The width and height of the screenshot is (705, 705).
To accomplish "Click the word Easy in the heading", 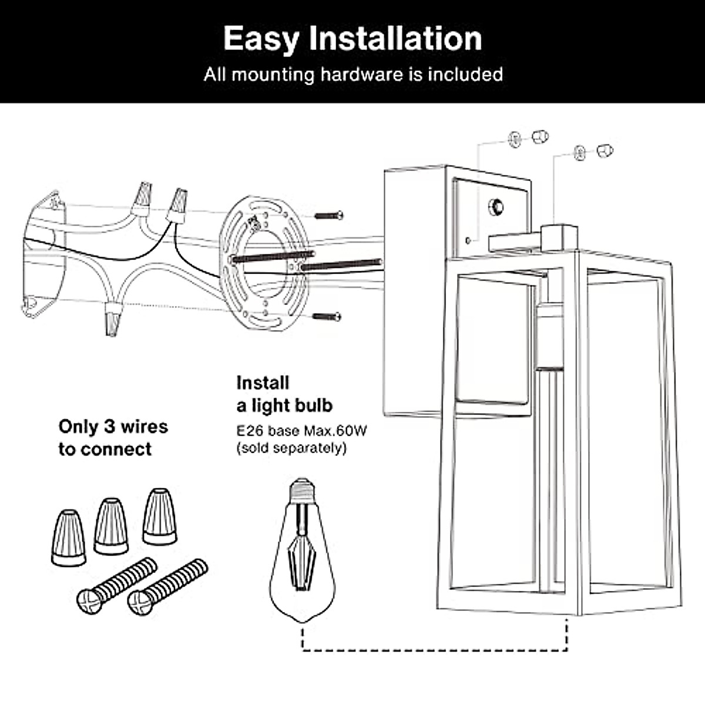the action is pyautogui.click(x=261, y=39).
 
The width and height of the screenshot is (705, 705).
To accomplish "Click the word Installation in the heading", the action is pyautogui.click(x=395, y=39).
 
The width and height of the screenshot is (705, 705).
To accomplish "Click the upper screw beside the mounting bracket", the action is pyautogui.click(x=328, y=216).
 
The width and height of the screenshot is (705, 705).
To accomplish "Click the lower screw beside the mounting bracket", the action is pyautogui.click(x=327, y=317).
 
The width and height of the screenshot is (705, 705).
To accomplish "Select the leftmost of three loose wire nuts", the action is pyautogui.click(x=69, y=538).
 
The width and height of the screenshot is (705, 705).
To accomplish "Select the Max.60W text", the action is pyautogui.click(x=335, y=431).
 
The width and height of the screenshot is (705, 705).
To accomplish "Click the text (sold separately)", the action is pyautogui.click(x=291, y=448).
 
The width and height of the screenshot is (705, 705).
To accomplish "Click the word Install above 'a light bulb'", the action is pyautogui.click(x=263, y=383).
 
